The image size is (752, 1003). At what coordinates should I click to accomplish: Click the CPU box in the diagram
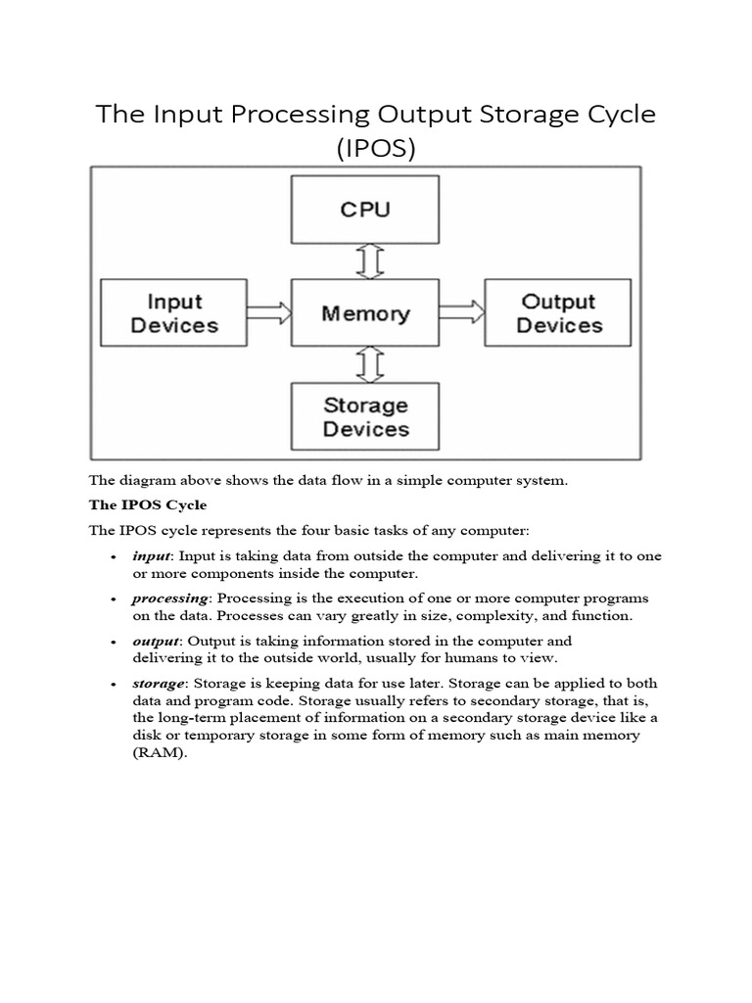coord(365,210)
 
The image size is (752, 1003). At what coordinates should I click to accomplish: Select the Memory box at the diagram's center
coord(365,313)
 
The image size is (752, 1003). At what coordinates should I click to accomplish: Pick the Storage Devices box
coord(365,416)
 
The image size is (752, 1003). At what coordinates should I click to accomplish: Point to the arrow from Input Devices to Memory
coord(267,313)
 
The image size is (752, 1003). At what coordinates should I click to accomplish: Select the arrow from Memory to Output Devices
coord(461,312)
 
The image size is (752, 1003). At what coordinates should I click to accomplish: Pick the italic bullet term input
coord(152,555)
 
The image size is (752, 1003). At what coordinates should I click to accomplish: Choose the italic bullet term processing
coord(170,597)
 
